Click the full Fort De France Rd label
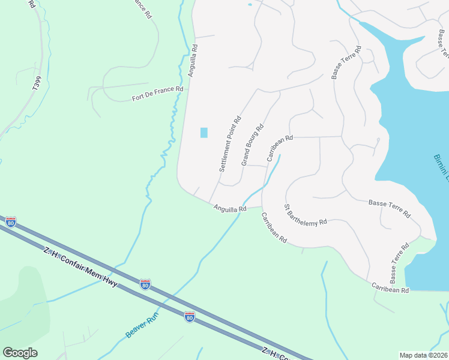pyautogui.click(x=157, y=93)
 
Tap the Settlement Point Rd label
pyautogui.click(x=230, y=144)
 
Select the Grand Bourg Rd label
pyautogui.click(x=253, y=145)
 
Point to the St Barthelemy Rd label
pyautogui.click(x=306, y=214)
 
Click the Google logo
pyautogui.click(x=20, y=353)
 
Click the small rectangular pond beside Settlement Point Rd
pyautogui.click(x=203, y=133)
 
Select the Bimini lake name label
pyautogui.click(x=441, y=167)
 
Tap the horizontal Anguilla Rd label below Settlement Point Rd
pyautogui.click(x=230, y=208)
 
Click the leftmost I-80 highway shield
pyautogui.click(x=11, y=221)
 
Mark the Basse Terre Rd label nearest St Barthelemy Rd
pyautogui.click(x=390, y=209)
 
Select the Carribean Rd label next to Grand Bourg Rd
pyautogui.click(x=280, y=148)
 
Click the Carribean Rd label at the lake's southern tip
pyautogui.click(x=390, y=287)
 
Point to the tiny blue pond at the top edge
pyautogui.click(x=250, y=5)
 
